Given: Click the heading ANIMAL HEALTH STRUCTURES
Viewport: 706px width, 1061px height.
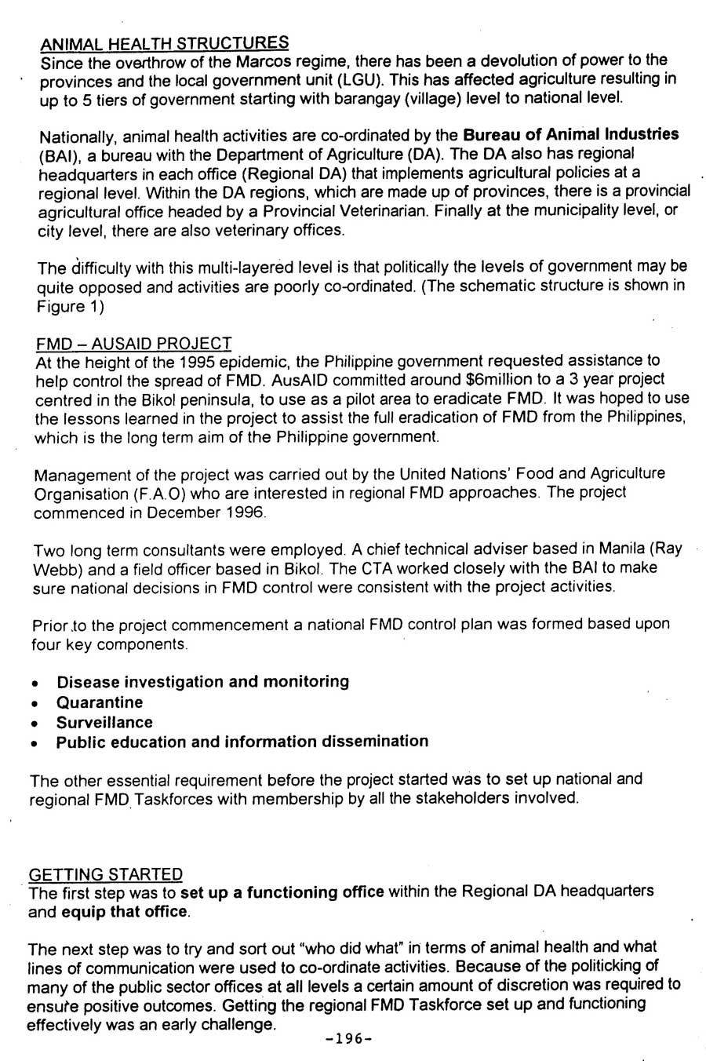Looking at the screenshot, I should tap(164, 42).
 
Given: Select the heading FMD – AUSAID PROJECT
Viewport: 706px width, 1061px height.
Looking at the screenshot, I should tap(133, 343).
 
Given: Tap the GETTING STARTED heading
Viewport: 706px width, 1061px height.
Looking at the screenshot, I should tap(105, 874).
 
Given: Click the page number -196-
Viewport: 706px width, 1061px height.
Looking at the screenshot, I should tap(348, 1038).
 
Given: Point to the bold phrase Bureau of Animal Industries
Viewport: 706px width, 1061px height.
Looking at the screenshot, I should tap(572, 134).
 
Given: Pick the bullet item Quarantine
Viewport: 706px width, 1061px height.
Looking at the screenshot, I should tap(100, 702).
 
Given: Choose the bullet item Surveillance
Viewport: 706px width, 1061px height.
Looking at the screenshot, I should tap(104, 722).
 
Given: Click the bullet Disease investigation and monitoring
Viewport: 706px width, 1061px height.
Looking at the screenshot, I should tap(202, 681).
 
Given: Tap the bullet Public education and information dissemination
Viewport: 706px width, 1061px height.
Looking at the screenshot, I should tap(242, 742).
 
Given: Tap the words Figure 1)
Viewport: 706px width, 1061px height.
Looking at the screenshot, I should tap(71, 307).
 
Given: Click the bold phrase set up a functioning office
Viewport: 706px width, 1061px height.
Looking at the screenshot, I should tap(282, 892).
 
